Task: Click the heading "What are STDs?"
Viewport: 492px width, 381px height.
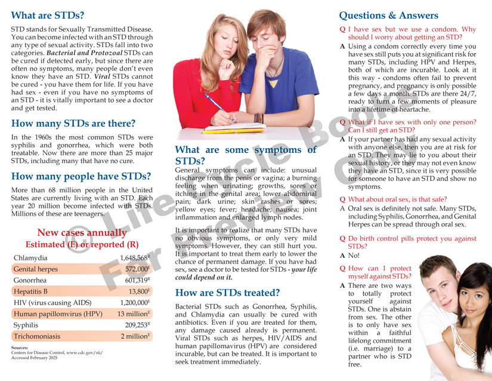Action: [x=48, y=15]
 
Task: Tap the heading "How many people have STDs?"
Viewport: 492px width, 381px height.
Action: [x=81, y=176]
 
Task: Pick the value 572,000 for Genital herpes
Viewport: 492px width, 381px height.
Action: [x=137, y=269]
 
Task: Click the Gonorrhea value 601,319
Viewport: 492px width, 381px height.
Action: [x=137, y=281]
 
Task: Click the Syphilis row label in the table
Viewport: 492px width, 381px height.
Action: [x=27, y=325]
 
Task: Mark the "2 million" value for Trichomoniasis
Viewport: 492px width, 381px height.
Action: [x=135, y=336]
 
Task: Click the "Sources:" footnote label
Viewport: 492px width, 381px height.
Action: [x=20, y=348]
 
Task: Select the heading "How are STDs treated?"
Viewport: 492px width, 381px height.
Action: [x=227, y=293]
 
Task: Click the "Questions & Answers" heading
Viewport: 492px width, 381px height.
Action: [x=388, y=16]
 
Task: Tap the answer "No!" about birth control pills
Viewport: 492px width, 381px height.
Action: [x=355, y=255]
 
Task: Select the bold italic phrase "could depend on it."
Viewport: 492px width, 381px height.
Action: [x=204, y=277]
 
